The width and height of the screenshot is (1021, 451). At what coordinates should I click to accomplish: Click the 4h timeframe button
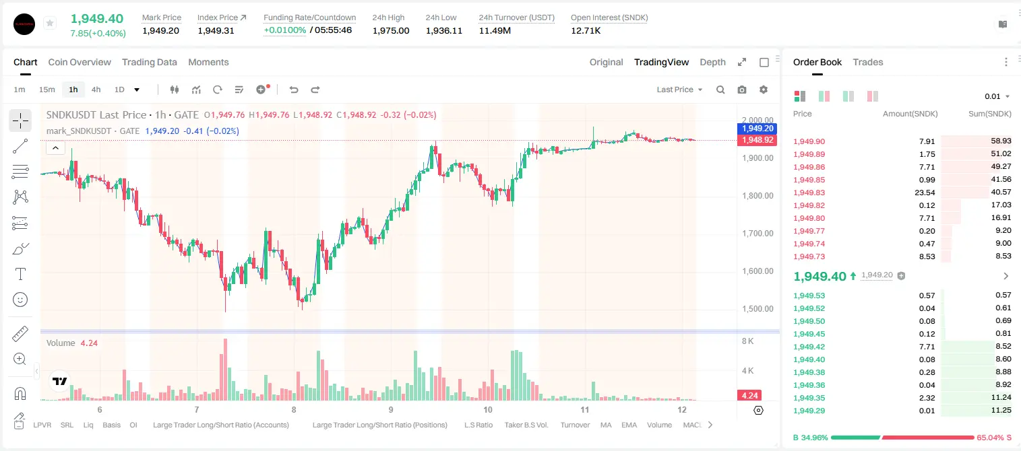(96, 90)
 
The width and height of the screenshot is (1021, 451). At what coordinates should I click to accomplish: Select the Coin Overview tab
(80, 63)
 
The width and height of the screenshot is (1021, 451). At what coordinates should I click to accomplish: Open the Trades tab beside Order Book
(868, 63)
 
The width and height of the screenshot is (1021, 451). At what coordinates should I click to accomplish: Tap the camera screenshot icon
(742, 90)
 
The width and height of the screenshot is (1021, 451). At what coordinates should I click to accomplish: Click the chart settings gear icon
(764, 90)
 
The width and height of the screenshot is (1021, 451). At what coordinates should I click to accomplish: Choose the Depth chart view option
(713, 63)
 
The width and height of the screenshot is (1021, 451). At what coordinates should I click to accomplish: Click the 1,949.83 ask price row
(809, 193)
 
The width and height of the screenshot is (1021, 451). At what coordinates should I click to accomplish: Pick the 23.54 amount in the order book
(925, 193)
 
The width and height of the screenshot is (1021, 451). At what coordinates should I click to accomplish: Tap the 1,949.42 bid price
(809, 347)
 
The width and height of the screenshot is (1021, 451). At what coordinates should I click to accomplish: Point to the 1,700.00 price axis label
(757, 234)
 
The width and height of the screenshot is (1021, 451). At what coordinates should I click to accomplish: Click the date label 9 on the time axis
(391, 409)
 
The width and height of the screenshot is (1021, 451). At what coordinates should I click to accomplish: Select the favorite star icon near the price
(50, 23)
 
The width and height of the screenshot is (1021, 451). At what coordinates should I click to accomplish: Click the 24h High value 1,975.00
(391, 30)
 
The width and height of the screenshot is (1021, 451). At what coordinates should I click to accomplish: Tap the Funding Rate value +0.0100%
(285, 30)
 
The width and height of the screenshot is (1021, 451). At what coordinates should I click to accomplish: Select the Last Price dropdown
(679, 90)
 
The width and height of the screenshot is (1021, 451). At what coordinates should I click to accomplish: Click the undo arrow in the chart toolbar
(294, 90)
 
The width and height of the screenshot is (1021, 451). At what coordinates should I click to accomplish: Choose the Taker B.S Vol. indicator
(526, 425)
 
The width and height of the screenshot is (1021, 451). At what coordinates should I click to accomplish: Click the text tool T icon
(20, 274)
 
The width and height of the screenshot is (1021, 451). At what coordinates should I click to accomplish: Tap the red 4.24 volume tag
(750, 396)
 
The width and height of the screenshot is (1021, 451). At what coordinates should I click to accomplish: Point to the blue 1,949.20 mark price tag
(757, 129)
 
